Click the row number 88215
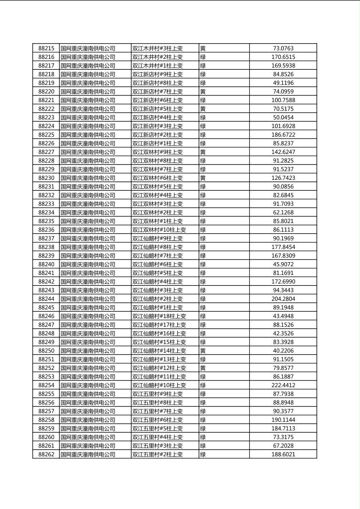click(x=46, y=48)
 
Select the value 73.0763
click(x=283, y=48)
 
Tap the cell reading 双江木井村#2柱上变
click(x=157, y=57)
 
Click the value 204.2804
click(x=283, y=299)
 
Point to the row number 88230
click(x=46, y=178)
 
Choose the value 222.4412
click(x=283, y=385)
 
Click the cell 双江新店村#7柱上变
click(x=157, y=92)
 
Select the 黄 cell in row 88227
click(x=203, y=152)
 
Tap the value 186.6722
click(x=283, y=135)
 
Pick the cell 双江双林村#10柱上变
click(x=159, y=230)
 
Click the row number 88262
click(x=46, y=454)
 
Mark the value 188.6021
click(x=283, y=454)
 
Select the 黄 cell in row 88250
click(x=203, y=351)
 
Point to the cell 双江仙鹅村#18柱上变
click(x=159, y=316)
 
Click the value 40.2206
click(x=283, y=351)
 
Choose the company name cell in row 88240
click(x=88, y=265)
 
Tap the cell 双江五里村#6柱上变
click(x=157, y=420)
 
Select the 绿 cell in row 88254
click(x=203, y=385)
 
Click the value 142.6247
click(x=283, y=152)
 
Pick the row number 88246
click(x=46, y=316)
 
